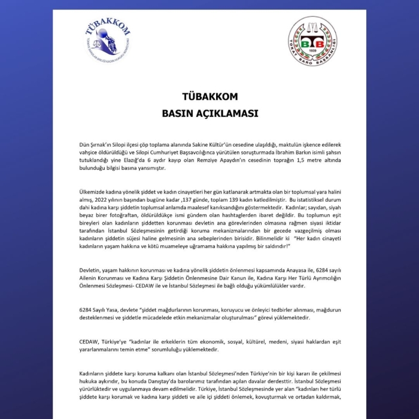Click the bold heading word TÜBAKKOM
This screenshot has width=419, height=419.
click(209, 96)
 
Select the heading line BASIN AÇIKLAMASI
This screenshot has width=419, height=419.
click(209, 113)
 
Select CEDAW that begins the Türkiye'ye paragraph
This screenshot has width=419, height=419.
click(89, 341)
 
